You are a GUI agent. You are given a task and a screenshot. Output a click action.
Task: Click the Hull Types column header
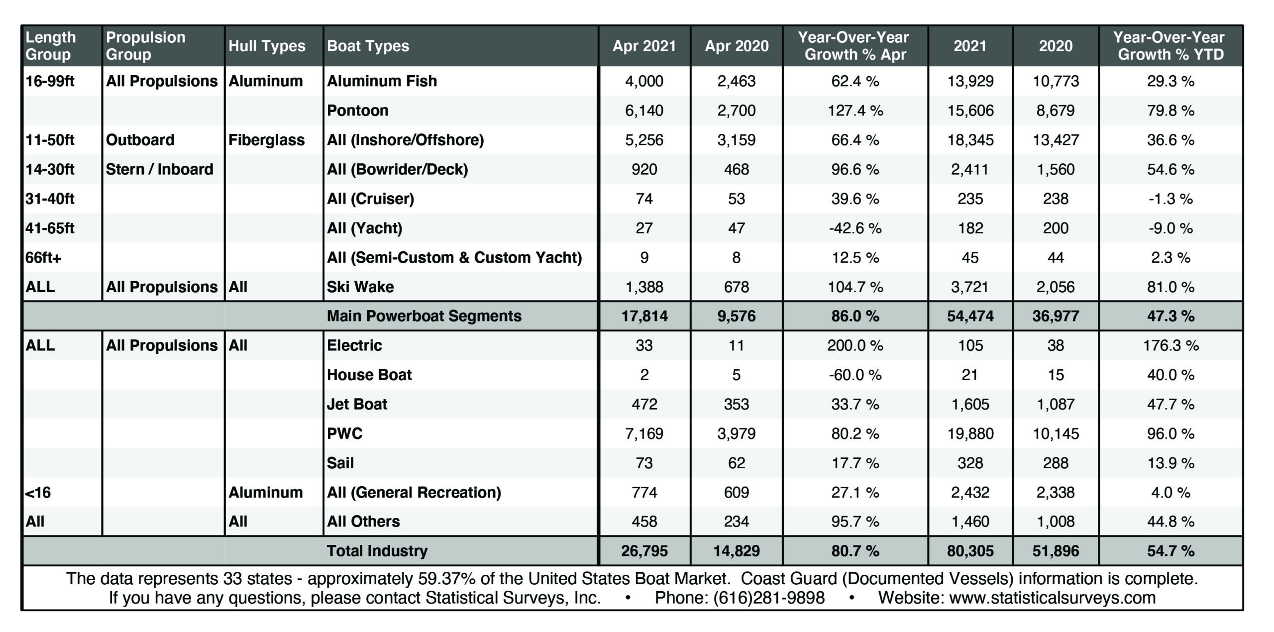267,46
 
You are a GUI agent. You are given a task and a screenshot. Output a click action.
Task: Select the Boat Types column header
368,46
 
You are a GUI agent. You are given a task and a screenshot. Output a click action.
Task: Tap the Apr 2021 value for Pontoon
644,110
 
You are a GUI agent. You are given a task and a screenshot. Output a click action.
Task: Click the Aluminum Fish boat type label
382,81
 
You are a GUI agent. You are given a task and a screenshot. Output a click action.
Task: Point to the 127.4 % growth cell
855,110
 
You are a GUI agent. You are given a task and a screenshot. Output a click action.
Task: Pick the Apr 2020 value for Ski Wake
736,287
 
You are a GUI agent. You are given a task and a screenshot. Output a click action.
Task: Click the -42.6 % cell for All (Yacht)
855,228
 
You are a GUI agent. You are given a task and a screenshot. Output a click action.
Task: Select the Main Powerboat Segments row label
424,316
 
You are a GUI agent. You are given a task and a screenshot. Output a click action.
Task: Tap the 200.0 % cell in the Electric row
855,345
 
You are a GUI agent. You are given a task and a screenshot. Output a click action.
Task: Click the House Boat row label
369,374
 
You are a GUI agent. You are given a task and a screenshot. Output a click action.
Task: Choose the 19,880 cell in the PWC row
970,433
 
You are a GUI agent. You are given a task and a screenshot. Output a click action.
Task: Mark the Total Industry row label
377,550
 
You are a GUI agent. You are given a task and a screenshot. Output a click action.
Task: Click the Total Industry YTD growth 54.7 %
1170,550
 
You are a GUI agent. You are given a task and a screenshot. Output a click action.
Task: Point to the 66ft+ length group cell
43,257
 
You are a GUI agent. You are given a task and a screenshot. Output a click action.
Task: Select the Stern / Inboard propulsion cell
159,169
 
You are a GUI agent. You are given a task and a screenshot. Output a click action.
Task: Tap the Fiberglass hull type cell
266,140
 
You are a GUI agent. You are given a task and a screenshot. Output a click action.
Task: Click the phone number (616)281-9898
769,597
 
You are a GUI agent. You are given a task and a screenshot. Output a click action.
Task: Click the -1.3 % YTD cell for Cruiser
1170,199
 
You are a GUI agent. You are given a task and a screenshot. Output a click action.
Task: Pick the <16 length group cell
38,492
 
